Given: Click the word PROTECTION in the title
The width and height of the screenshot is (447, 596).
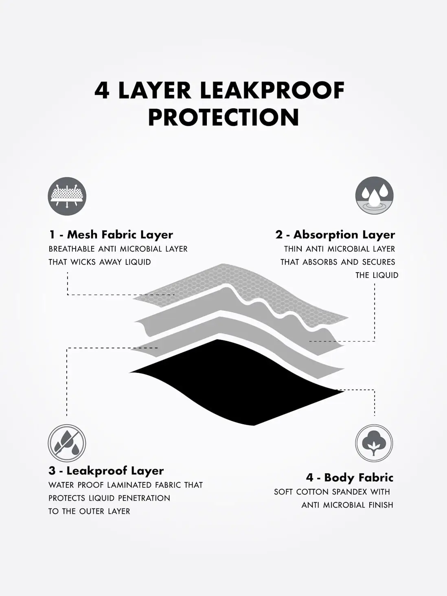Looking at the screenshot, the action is pyautogui.click(x=223, y=117).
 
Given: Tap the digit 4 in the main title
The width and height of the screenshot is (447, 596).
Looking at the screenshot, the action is pyautogui.click(x=102, y=90).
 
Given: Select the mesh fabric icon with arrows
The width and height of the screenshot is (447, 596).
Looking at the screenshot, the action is pyautogui.click(x=67, y=196).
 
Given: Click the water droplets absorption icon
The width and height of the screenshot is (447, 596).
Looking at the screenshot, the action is pyautogui.click(x=374, y=196).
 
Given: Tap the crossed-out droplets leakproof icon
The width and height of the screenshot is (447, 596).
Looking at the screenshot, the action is pyautogui.click(x=67, y=443).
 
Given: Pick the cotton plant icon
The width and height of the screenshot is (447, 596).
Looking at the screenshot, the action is pyautogui.click(x=374, y=443).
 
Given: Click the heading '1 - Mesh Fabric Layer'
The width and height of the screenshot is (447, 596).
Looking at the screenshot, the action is pyautogui.click(x=111, y=235).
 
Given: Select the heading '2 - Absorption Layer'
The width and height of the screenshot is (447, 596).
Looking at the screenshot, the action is pyautogui.click(x=335, y=235).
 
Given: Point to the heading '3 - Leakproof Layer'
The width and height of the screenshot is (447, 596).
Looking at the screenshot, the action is pyautogui.click(x=106, y=471).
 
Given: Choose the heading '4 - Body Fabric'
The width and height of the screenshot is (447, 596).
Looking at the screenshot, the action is pyautogui.click(x=350, y=477).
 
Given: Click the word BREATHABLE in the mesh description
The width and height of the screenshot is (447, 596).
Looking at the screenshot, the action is pyautogui.click(x=72, y=249).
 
